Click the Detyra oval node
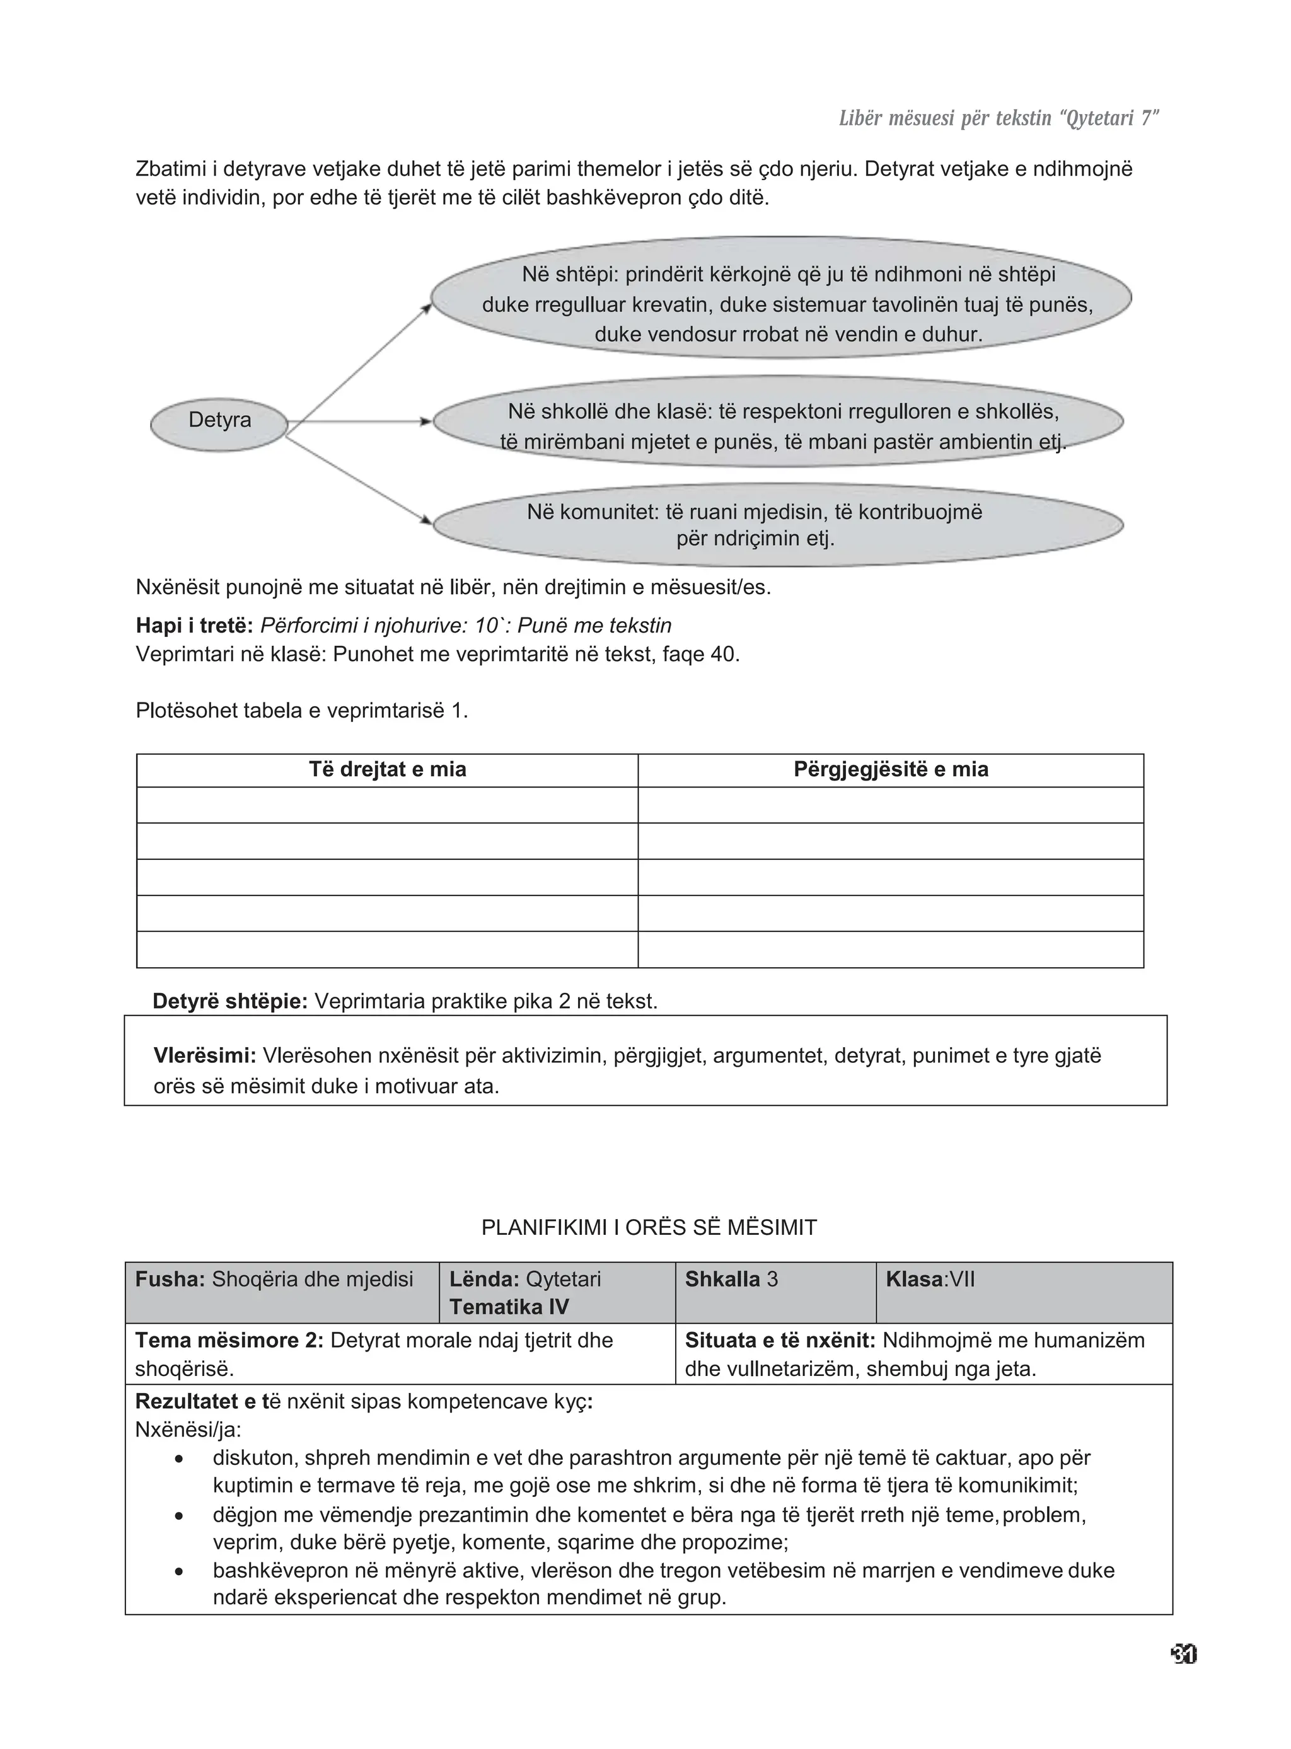(219, 424)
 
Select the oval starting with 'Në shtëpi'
(782, 297)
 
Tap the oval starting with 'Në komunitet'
(779, 524)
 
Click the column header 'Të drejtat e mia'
(388, 769)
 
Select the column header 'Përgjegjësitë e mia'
(891, 769)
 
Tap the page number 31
(1184, 1654)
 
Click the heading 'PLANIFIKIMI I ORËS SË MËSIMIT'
(649, 1227)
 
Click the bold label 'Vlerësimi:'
(205, 1056)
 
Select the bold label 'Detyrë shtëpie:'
(229, 1001)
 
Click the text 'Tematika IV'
(509, 1307)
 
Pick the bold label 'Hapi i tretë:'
(195, 626)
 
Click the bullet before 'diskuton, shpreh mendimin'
(179, 1459)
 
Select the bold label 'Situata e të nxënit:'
(780, 1341)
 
